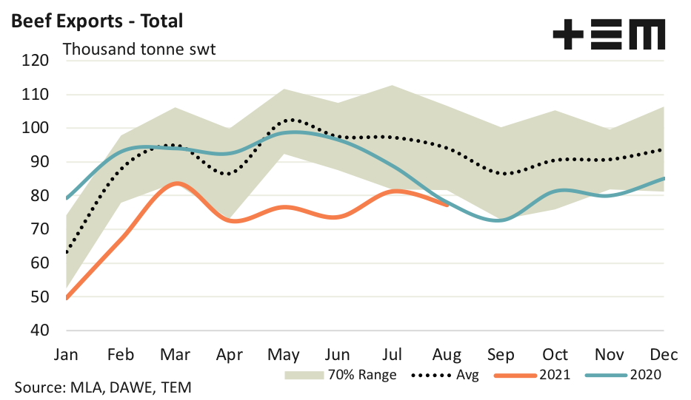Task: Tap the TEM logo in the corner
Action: (609, 34)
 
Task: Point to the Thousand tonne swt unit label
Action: (139, 50)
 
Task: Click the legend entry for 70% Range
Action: (341, 375)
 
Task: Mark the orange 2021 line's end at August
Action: (446, 205)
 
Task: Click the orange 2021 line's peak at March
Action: (175, 183)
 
